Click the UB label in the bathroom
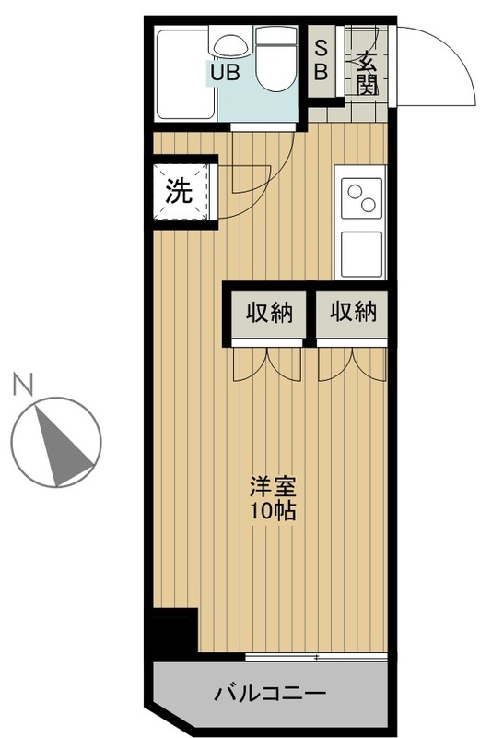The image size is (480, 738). pos(225,73)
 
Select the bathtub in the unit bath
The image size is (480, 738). pos(184,75)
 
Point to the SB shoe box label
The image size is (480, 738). pos(321,60)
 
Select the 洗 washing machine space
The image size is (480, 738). pos(181,192)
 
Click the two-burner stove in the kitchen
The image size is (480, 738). pos(361,198)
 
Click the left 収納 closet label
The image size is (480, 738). pos(270,312)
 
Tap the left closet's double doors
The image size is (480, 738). pos(266,363)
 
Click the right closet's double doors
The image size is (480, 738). pos(352,363)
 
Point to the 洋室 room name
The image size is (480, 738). pos(273,487)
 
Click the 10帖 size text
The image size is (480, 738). pos(273,510)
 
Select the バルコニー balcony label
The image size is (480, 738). pos(270,693)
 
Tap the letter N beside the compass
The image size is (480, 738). pos(23,384)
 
